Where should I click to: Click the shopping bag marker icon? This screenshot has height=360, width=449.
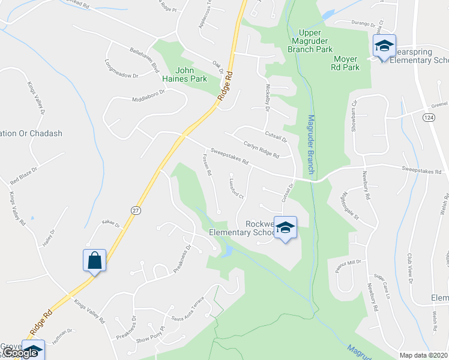94,260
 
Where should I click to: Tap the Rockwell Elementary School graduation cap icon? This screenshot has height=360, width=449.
286,227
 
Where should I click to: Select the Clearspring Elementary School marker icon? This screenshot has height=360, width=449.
384,46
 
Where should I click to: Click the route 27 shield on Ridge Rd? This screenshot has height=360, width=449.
136,209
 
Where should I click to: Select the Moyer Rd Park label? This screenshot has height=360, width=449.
346,63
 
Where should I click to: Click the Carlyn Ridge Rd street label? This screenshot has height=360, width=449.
262,150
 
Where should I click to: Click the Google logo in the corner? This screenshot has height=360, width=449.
20,353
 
